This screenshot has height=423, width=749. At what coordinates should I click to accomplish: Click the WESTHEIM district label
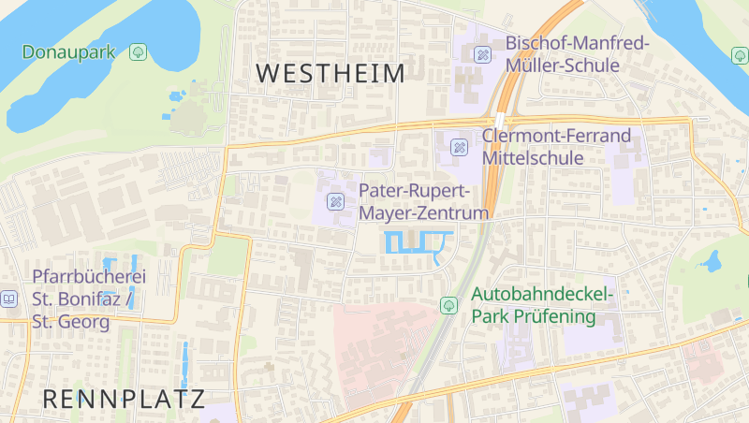point(330,73)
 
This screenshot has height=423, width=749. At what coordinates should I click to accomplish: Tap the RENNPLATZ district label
point(124,399)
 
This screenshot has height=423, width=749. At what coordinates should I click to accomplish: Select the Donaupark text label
point(68,51)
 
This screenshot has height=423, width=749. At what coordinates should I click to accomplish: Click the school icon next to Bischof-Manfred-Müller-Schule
point(482,54)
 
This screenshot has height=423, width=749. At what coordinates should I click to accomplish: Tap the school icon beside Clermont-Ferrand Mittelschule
point(459,147)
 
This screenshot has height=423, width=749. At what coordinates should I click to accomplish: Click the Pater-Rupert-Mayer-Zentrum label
point(424,201)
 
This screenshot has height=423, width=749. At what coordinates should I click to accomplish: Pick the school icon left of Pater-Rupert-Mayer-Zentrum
point(334,201)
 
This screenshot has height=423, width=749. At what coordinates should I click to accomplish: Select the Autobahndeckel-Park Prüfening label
point(542,305)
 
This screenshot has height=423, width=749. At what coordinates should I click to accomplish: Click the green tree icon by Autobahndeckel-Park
point(448,305)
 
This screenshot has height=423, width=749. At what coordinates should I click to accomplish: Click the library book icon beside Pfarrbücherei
point(8,299)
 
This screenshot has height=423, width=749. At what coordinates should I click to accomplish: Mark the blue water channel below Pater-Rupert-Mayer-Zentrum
point(418,243)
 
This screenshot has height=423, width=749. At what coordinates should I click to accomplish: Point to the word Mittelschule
point(534,158)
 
